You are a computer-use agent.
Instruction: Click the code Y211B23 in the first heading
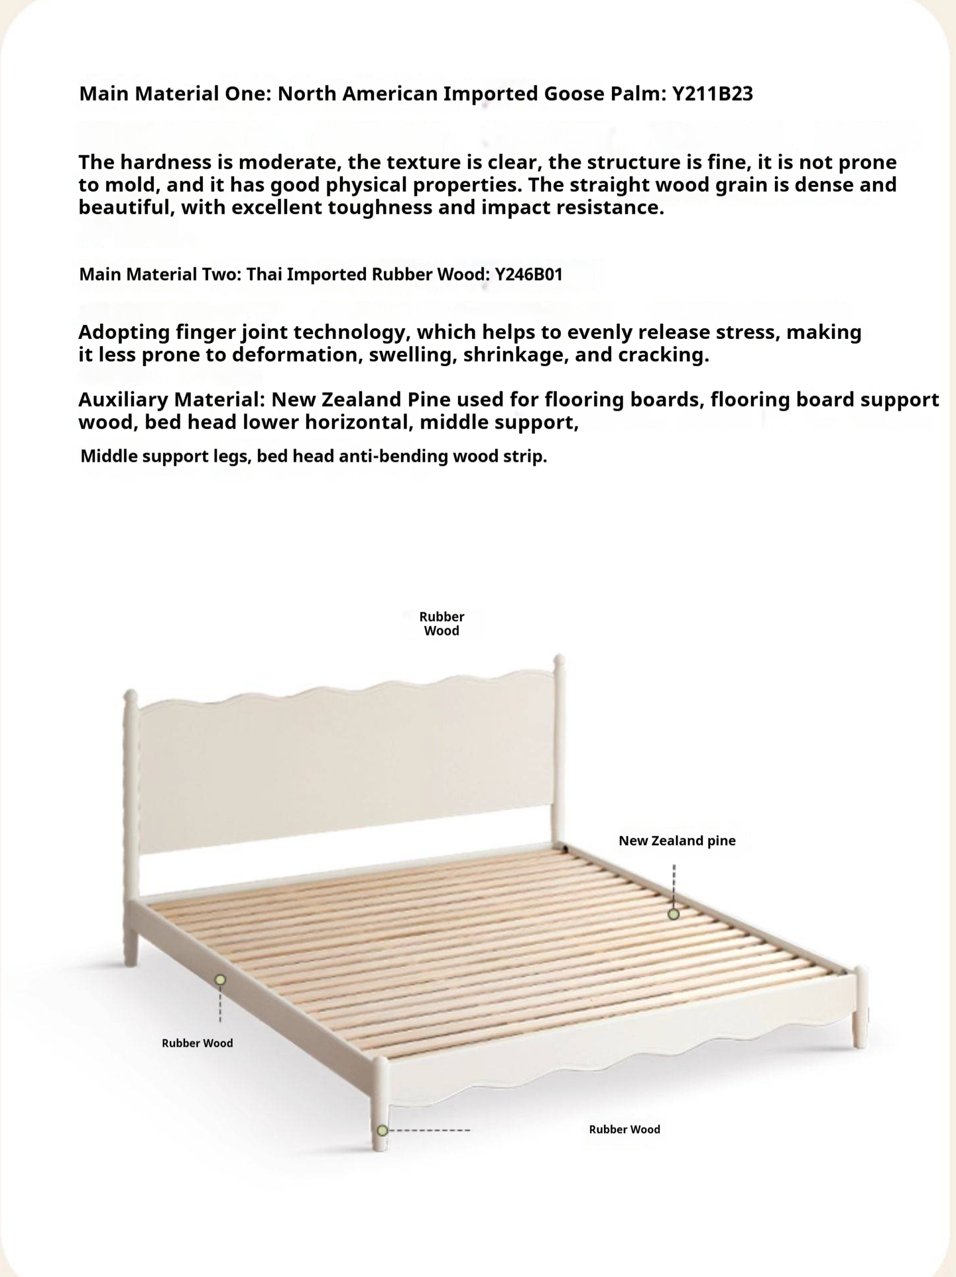coord(713,94)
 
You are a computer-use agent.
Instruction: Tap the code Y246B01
coord(528,274)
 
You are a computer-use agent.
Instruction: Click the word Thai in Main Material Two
coord(261,274)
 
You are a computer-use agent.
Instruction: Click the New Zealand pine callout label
coord(677,840)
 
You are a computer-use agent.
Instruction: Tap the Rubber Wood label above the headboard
coord(442,624)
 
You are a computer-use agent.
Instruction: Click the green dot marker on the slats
coord(674,914)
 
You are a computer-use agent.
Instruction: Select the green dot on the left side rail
coord(220,980)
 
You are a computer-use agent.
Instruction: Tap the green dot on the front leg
coord(382,1130)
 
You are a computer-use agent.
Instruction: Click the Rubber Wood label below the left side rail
coord(198,1043)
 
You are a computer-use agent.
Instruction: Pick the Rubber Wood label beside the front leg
coord(625,1129)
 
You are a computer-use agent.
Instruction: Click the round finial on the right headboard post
coord(559,661)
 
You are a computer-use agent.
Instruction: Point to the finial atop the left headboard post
coord(130,697)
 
